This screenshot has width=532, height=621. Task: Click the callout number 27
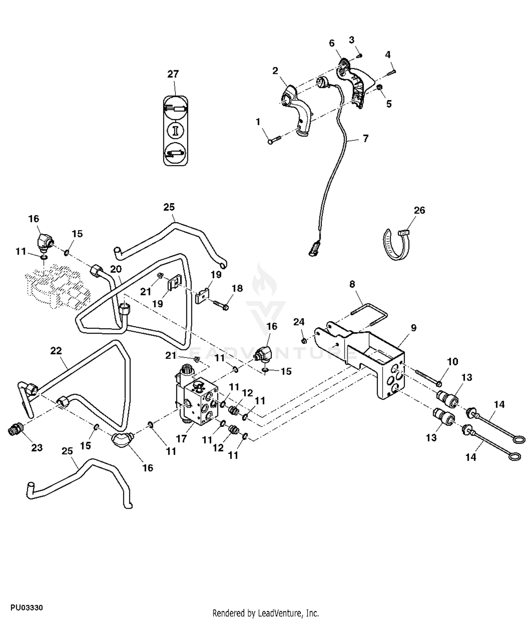173,74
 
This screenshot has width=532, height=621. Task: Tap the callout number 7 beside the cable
366,138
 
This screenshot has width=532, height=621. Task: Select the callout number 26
419,210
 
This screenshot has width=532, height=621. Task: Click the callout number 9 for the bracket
414,328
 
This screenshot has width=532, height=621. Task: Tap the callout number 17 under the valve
181,439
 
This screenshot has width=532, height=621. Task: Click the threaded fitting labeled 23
15,431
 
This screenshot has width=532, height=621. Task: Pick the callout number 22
56,351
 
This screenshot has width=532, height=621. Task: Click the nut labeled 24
304,341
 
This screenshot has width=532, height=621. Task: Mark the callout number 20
116,269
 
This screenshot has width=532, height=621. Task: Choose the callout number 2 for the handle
275,71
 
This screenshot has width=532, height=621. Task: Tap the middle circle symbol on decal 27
176,130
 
